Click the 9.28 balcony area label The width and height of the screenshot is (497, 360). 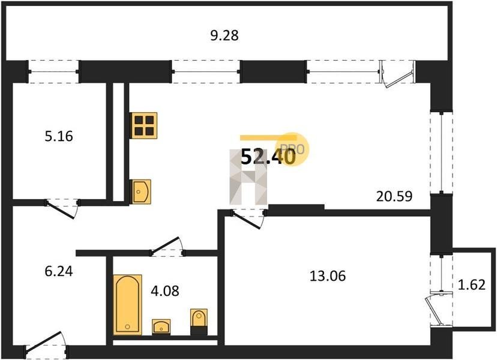[224, 35]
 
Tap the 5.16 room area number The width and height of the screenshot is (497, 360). [59, 136]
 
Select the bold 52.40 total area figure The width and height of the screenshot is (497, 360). [268, 157]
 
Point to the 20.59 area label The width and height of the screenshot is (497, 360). [394, 196]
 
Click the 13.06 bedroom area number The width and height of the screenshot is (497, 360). [328, 276]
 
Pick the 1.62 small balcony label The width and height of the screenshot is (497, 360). [472, 285]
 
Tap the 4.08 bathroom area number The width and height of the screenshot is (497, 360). [165, 290]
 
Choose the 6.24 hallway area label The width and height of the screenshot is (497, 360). [59, 271]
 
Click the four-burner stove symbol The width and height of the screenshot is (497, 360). [143, 125]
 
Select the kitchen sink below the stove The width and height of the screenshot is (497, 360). [140, 191]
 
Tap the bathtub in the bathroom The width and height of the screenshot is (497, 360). [127, 305]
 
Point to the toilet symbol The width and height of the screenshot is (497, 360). [199, 322]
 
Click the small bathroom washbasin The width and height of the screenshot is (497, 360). [161, 327]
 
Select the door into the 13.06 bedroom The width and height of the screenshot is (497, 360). [248, 218]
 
